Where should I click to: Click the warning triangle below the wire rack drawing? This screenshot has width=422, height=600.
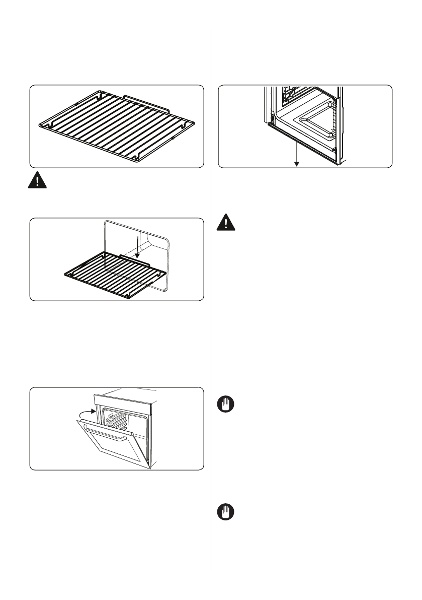[x=36, y=181]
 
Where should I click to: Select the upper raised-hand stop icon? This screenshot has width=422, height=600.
[x=226, y=406]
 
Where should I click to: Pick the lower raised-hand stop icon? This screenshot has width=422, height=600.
[x=226, y=513]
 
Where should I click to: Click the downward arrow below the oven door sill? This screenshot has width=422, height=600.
[x=297, y=157]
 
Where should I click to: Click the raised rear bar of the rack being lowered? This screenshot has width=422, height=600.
[x=134, y=259]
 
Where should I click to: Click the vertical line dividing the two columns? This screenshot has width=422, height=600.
[x=211, y=302]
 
